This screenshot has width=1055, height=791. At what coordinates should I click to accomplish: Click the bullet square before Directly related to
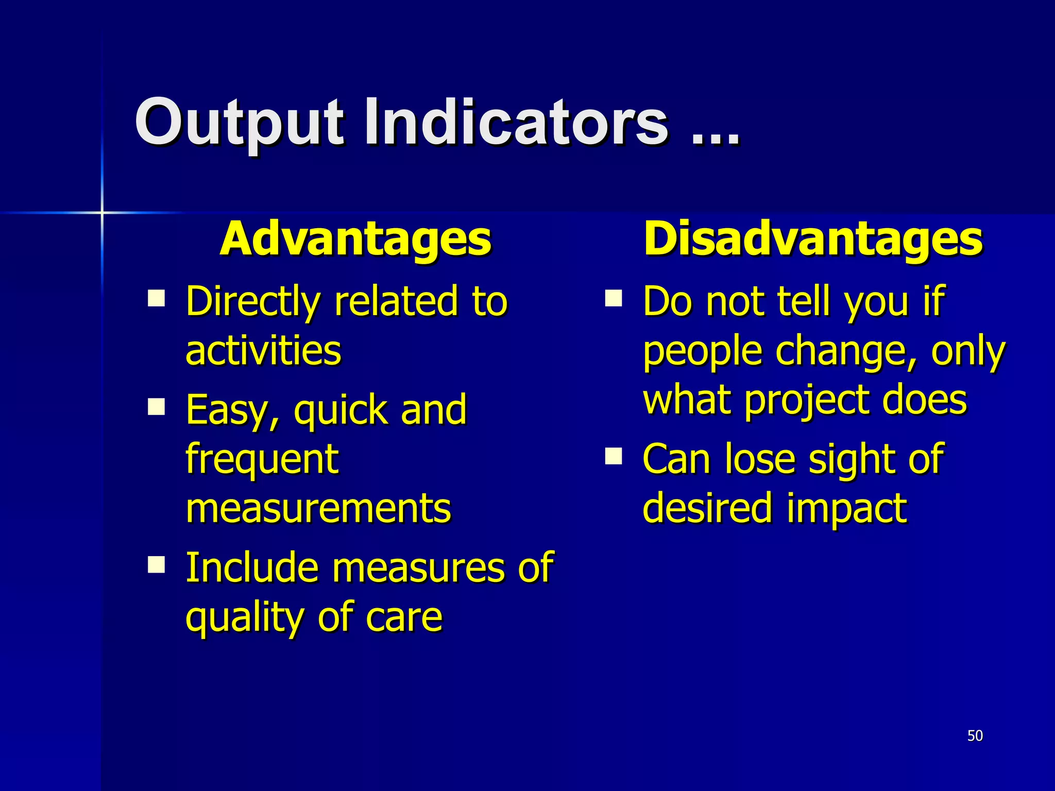click(156, 298)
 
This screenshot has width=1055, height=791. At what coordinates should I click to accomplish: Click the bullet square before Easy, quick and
click(156, 406)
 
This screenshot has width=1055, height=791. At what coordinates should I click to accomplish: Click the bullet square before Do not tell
click(614, 298)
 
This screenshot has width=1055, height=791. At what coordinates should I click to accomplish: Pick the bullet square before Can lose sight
click(614, 456)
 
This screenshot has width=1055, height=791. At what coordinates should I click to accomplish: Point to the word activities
click(263, 351)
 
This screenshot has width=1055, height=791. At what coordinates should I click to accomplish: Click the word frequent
click(262, 459)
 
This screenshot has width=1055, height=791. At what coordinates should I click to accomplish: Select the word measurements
click(318, 508)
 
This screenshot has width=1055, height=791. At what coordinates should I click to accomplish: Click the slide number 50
click(975, 735)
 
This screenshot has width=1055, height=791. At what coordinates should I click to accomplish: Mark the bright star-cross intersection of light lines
click(102, 212)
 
